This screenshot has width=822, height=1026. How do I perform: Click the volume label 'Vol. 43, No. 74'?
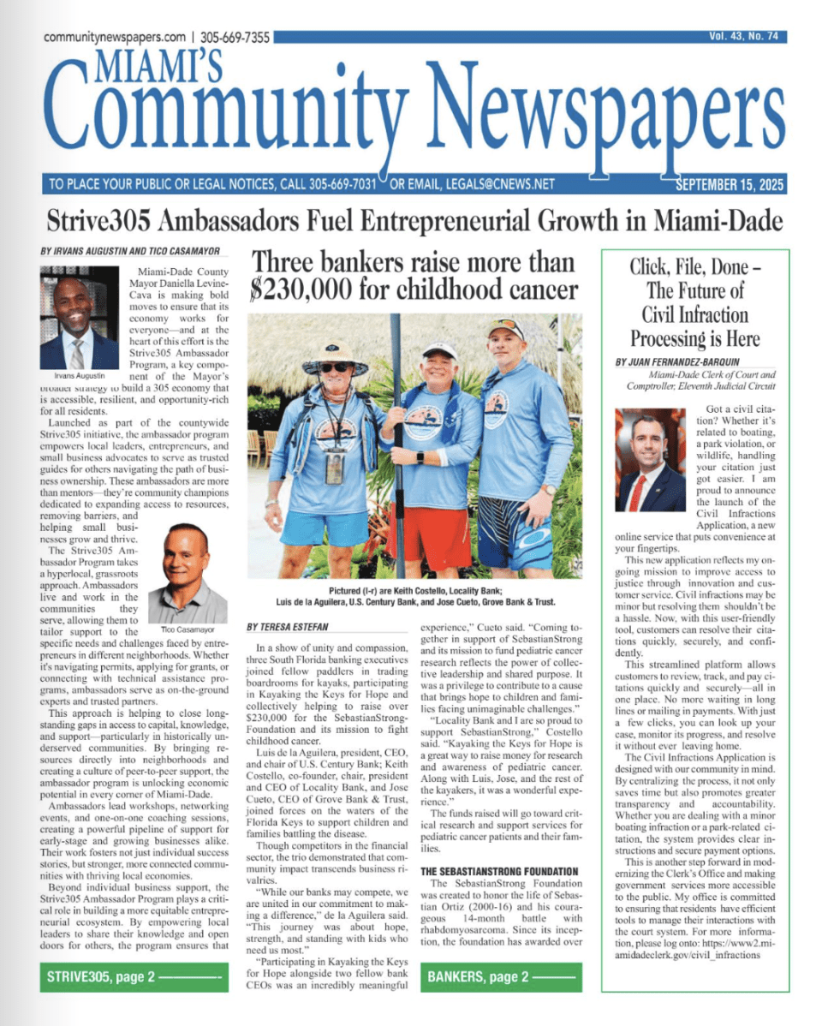click(743, 36)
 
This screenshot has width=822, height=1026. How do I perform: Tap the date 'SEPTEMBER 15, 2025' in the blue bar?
click(730, 184)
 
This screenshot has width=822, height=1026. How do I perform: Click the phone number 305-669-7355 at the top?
click(235, 38)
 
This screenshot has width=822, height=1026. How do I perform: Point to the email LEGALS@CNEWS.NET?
click(481, 184)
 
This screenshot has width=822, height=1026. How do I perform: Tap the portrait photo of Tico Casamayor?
click(187, 573)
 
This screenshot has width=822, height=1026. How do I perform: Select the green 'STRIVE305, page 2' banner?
click(134, 976)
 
